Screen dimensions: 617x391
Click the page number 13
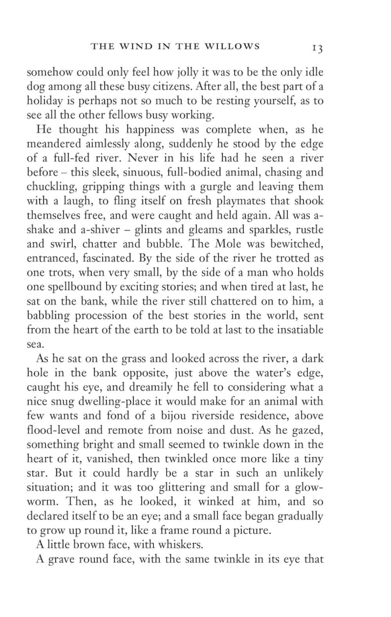[317, 48]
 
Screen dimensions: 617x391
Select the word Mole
[229, 244]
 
